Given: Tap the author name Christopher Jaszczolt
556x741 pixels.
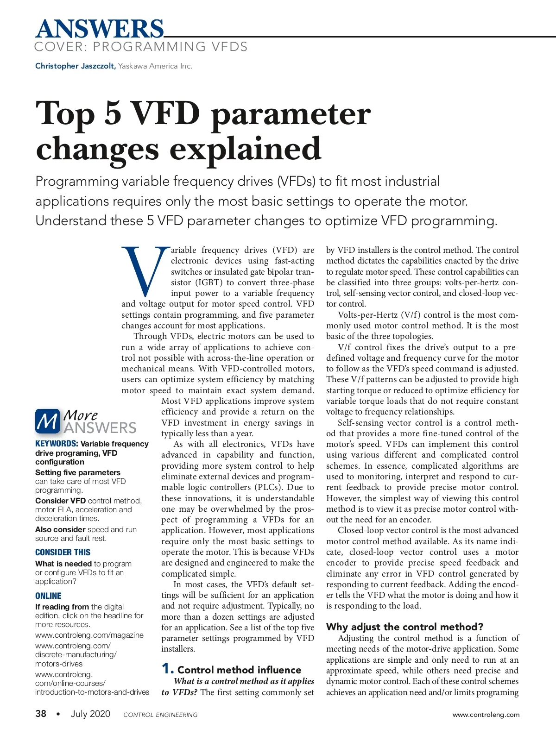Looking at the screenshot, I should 75,66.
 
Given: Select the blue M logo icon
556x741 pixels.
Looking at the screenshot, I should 47,421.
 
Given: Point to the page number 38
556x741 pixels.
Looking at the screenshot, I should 41,714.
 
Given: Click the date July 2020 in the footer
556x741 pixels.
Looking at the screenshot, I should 90,714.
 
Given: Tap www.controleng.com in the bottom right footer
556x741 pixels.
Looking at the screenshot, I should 486,715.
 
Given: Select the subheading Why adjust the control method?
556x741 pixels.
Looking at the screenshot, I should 404,627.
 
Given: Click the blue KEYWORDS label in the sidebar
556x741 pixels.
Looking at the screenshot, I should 56,444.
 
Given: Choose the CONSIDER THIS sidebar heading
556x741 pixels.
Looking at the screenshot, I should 63,553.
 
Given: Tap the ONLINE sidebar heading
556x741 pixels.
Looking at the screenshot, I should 48,596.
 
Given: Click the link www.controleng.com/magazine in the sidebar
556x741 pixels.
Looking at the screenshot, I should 89,635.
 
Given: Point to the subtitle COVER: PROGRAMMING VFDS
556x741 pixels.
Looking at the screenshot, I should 141,47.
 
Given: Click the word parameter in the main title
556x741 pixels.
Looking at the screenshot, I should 291,115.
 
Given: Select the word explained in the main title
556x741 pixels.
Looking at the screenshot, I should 245,150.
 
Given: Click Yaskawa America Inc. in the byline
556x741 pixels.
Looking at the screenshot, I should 155,66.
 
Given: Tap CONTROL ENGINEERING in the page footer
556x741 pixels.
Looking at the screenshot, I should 160,715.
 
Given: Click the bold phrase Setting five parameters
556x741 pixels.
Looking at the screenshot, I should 78,472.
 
